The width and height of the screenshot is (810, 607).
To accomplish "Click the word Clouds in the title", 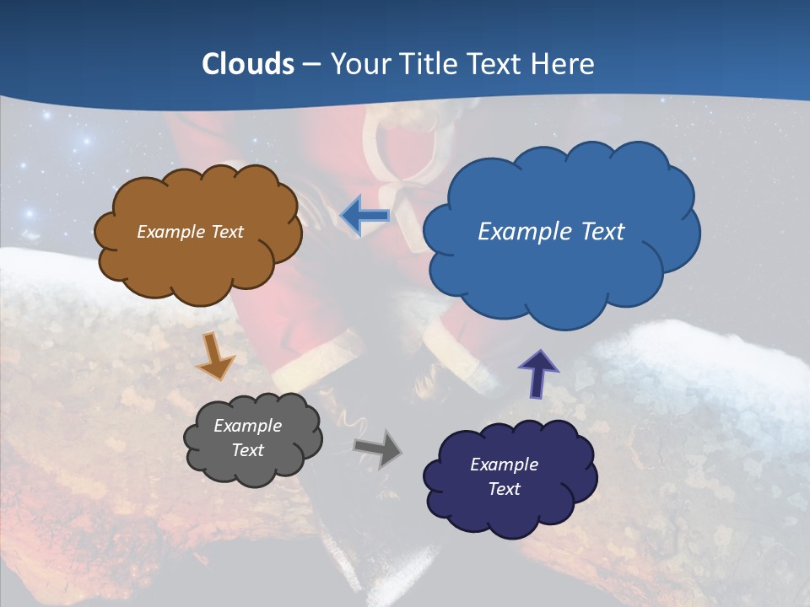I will click(248, 64).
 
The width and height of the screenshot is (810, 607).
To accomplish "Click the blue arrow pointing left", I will click(365, 216).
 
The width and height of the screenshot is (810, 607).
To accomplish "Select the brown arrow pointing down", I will click(215, 355).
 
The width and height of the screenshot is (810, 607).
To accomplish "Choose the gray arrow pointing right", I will click(378, 449).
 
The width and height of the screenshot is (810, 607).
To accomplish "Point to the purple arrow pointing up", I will click(537, 373).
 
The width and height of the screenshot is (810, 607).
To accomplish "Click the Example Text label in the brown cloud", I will click(190, 232).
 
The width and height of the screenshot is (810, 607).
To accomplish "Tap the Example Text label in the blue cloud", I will click(551, 232).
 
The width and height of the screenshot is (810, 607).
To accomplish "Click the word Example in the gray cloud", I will click(247, 426).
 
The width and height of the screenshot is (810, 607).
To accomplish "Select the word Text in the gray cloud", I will click(247, 450).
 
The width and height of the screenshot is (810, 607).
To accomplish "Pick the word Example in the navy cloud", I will click(504, 465).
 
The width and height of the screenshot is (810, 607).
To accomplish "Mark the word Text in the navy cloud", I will click(504, 489).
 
